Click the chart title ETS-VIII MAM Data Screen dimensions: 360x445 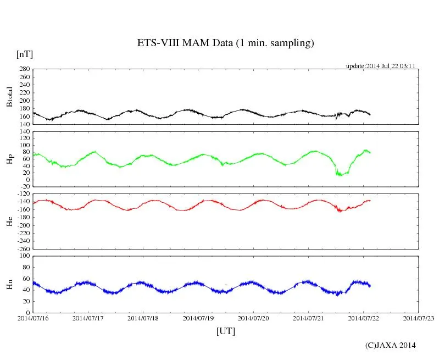225,43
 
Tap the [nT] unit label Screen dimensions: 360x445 24,54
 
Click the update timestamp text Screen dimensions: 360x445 380,66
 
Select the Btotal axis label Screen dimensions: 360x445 9,97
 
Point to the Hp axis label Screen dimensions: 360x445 9,159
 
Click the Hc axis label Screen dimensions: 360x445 9,221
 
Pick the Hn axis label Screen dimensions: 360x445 9,284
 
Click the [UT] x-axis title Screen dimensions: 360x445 225,331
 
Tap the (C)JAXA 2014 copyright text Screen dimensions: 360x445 390,345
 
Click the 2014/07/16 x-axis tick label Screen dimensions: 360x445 33,318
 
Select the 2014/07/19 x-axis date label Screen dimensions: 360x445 198,318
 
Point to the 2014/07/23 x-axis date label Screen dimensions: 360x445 419,318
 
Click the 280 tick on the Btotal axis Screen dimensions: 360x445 24,69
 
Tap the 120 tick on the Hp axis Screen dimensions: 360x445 24,132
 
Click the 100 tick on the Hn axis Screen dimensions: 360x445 24,256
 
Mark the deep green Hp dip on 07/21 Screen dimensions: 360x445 341,174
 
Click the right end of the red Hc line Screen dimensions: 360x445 370,200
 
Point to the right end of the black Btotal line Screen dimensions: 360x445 370,114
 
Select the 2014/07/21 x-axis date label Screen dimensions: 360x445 308,318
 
